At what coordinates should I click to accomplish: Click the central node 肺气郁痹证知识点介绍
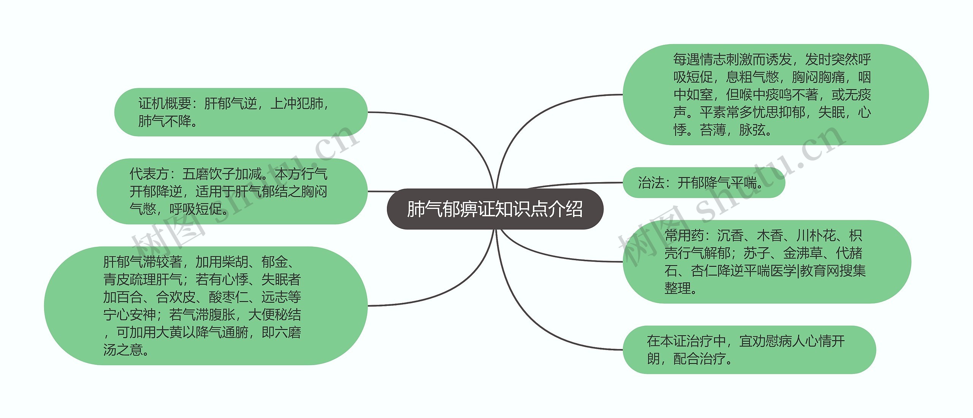(x=495, y=209)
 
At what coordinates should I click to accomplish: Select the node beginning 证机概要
(x=241, y=112)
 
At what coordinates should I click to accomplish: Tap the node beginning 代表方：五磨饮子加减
(x=232, y=191)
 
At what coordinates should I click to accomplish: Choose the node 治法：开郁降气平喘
(x=704, y=183)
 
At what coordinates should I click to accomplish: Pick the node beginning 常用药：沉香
(x=766, y=262)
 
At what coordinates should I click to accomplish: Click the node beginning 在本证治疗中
(x=749, y=350)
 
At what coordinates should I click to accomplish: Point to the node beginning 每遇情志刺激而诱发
(x=775, y=95)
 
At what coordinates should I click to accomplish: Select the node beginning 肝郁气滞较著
(x=205, y=306)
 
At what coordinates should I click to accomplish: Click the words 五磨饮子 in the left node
(x=208, y=174)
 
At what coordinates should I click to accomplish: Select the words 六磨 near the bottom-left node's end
(x=288, y=332)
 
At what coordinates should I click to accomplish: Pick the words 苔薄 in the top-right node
(x=713, y=130)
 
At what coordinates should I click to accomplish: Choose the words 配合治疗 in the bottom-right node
(x=699, y=359)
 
